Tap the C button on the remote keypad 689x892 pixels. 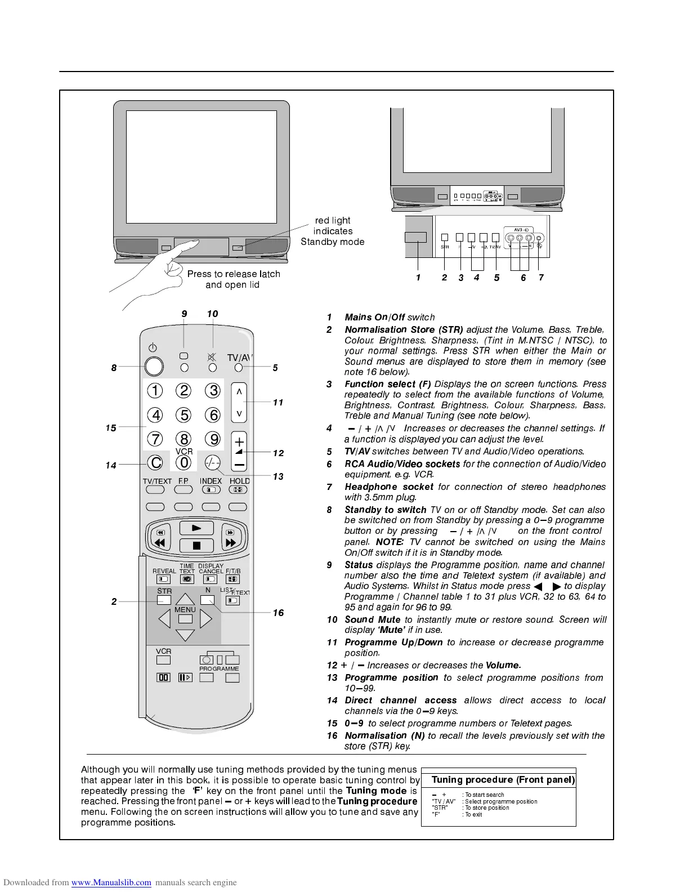click(155, 463)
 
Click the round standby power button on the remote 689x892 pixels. click(154, 367)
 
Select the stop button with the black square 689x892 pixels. click(196, 545)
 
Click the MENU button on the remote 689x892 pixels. click(185, 619)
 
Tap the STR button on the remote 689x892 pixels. click(164, 600)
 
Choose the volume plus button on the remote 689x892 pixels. click(239, 441)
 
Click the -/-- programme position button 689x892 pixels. click(212, 462)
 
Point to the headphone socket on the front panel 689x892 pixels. click(539, 238)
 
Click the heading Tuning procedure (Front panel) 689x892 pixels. click(503, 780)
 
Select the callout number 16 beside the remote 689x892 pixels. click(278, 613)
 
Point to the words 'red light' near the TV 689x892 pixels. click(333, 221)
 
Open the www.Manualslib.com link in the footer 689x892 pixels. click(111, 882)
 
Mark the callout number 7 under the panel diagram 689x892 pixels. click(541, 278)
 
